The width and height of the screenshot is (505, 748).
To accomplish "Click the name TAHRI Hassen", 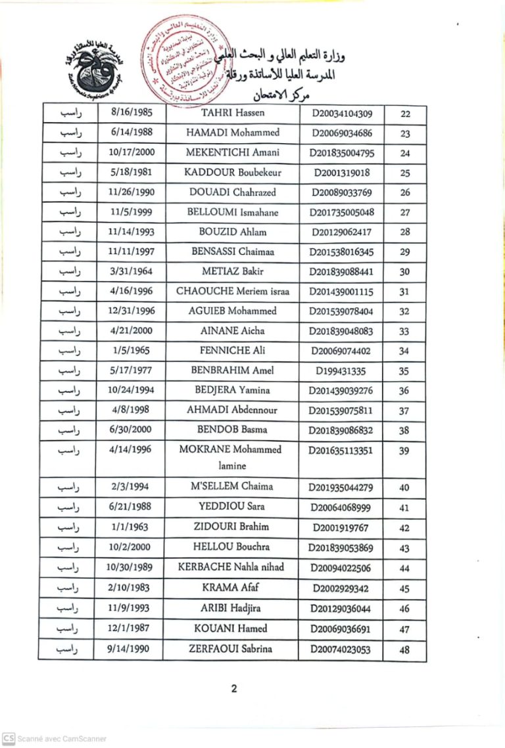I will [232, 113].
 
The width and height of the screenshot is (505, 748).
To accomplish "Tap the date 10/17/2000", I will [132, 152].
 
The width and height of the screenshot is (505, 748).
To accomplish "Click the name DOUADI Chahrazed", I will [232, 192].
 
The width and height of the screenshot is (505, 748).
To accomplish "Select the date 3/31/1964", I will [132, 271].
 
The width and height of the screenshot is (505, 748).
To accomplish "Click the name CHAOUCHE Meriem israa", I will [232, 291].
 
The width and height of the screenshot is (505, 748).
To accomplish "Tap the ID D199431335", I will [341, 371].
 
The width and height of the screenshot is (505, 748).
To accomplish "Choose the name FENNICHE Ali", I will [232, 351].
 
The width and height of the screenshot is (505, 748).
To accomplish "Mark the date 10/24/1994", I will [132, 390].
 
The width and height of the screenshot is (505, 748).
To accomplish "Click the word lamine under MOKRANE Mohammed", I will [232, 466].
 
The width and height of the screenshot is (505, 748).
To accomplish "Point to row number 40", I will [404, 487].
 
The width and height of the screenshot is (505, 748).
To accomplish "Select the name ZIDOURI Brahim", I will [232, 527].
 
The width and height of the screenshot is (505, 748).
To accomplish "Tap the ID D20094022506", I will [341, 568].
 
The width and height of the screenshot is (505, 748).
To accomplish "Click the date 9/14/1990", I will [132, 649].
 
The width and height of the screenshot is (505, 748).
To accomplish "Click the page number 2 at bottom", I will [233, 688].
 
